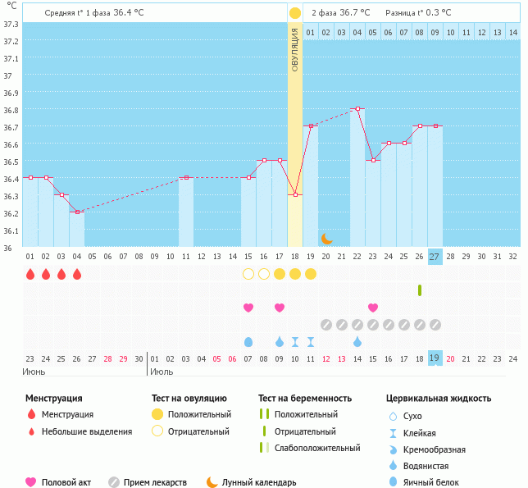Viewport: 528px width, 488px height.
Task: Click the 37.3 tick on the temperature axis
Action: [10, 24]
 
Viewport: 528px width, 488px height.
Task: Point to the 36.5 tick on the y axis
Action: [10, 161]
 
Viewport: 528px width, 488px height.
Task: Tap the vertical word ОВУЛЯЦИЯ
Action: [295, 49]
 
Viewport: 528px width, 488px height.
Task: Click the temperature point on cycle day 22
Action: [357, 108]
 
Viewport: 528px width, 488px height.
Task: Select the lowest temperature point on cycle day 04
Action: [76, 212]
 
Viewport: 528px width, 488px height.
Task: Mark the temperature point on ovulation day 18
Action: [295, 194]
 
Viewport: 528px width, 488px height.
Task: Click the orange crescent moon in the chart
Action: [327, 238]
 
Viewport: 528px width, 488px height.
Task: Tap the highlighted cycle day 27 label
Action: [435, 256]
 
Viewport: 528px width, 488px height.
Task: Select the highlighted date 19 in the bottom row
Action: [435, 358]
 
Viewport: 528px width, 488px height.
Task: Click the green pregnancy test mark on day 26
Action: [419, 290]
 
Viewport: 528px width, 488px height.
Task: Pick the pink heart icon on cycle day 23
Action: [373, 308]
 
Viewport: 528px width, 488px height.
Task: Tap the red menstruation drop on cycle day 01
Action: [30, 274]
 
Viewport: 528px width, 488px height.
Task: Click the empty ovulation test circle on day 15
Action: [248, 274]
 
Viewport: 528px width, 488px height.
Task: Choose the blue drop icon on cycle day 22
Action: [357, 341]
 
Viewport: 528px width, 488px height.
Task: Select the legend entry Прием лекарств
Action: [155, 482]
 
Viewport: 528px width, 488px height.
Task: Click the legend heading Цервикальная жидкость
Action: [439, 399]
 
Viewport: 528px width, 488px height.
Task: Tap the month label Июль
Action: [162, 372]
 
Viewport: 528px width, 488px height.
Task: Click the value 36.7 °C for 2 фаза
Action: [353, 13]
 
